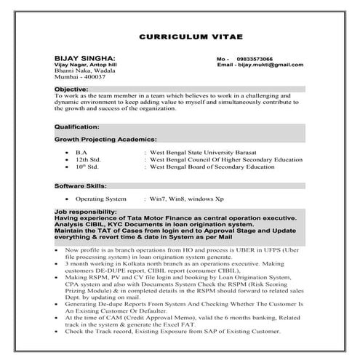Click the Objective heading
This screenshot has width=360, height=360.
pos(71,89)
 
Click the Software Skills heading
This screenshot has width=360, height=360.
pos(81,186)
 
